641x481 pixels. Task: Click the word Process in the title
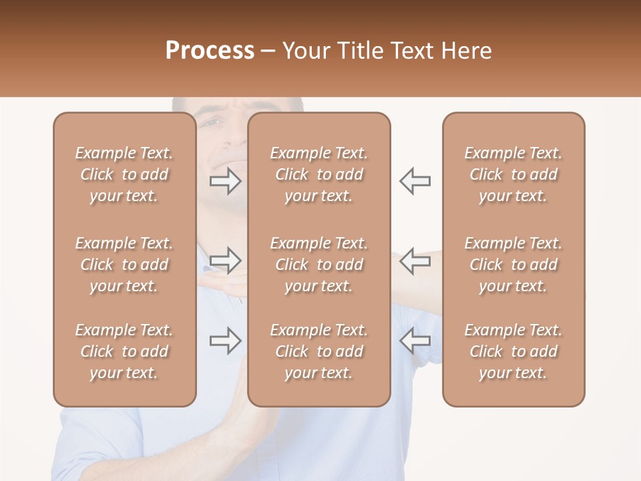tap(210, 50)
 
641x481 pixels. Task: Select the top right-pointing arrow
tap(226, 181)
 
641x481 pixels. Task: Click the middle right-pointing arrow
tap(226, 261)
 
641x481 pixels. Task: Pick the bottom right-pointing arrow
tap(226, 341)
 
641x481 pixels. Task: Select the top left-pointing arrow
tap(415, 181)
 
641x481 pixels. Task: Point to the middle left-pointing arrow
tap(415, 261)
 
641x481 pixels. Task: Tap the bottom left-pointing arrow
tap(415, 341)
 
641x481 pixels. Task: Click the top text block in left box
tap(124, 174)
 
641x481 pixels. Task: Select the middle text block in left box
tap(124, 265)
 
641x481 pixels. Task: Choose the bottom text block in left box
tap(124, 351)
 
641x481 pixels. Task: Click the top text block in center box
tap(318, 174)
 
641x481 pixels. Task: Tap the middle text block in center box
tap(318, 265)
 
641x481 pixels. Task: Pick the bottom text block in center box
tap(318, 351)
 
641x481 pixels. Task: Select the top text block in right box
tap(513, 174)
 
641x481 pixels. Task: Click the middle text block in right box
tap(513, 265)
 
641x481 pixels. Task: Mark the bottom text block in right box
tap(513, 351)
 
